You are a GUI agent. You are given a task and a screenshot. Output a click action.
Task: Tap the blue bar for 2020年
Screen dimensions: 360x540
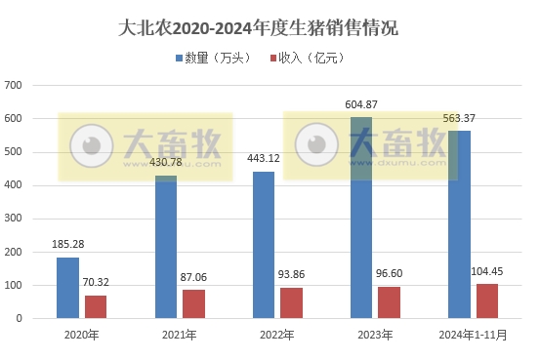(x=67, y=287)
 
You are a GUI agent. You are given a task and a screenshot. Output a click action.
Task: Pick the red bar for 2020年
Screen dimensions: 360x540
(x=96, y=306)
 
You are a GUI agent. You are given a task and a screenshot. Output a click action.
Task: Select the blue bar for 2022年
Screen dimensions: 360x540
(x=264, y=244)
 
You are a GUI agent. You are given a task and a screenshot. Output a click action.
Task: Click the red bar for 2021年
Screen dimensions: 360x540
(x=193, y=303)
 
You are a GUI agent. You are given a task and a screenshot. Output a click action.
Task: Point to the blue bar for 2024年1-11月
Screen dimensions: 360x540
(x=459, y=223)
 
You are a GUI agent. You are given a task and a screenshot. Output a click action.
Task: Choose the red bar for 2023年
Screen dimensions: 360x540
(x=390, y=301)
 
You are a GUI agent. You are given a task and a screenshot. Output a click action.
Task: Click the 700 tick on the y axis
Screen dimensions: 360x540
(x=15, y=85)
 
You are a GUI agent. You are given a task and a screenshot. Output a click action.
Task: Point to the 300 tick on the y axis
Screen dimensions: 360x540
(x=15, y=219)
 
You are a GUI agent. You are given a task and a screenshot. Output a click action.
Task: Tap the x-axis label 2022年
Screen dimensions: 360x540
(x=277, y=335)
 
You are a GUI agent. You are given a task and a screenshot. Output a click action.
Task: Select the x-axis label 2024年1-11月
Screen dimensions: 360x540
(x=473, y=335)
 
